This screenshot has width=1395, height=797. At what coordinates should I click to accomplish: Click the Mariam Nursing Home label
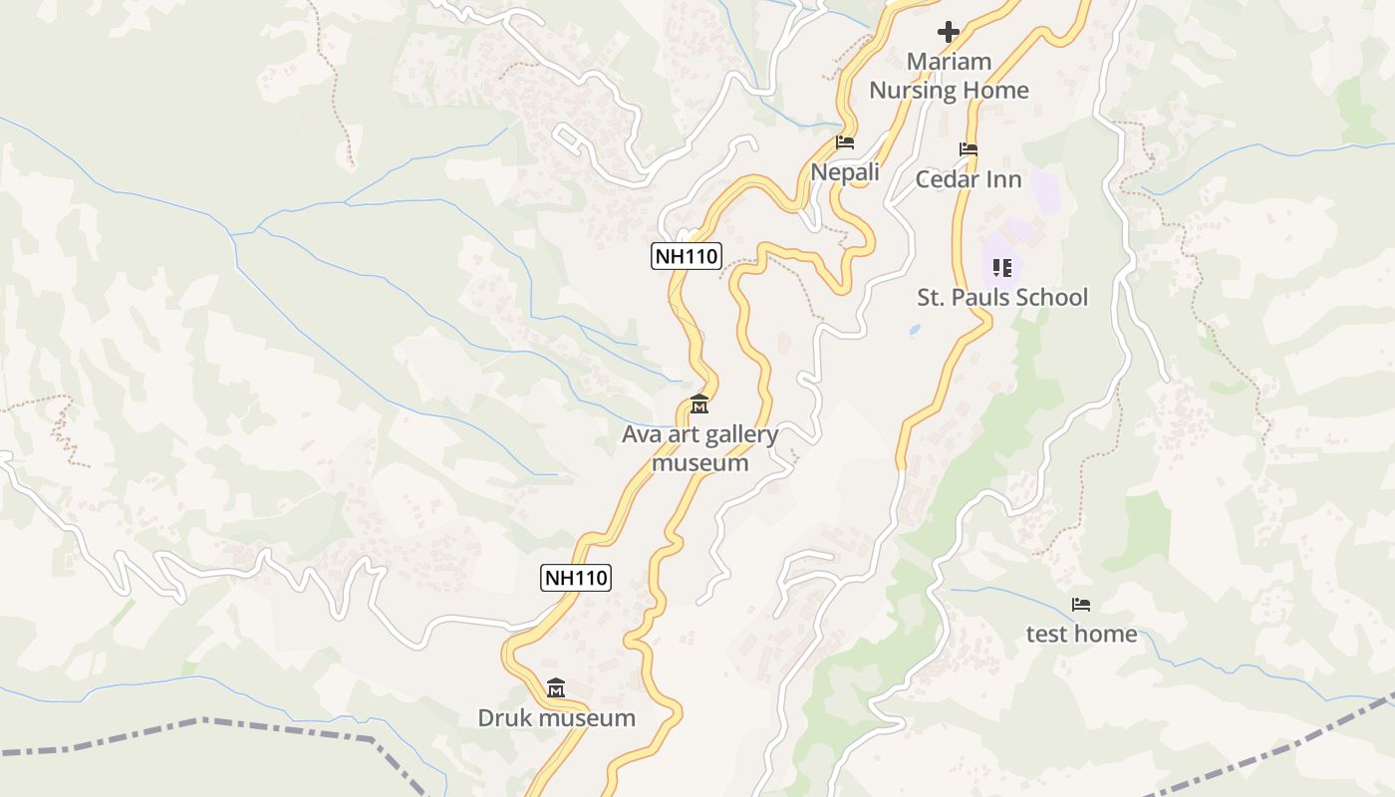[x=949, y=76]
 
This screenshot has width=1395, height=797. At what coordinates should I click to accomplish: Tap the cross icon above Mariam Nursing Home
[x=949, y=33]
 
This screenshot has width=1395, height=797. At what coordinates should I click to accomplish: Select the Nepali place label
[x=845, y=172]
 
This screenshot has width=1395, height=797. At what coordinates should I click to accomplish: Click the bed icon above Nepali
[x=845, y=142]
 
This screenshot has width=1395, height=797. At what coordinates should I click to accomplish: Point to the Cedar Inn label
[x=969, y=179]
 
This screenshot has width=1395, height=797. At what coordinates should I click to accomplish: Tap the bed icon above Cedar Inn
[x=969, y=149]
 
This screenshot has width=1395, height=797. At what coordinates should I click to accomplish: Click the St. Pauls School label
[x=1002, y=297]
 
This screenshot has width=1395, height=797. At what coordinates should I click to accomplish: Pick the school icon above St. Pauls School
[x=1002, y=267]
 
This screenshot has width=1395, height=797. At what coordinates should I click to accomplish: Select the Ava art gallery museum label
[x=699, y=448]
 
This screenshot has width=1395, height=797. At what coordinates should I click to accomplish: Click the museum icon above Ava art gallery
[x=699, y=405]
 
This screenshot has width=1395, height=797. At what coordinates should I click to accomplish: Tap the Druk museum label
[x=556, y=718]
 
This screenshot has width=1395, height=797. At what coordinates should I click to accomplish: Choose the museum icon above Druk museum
[x=556, y=688]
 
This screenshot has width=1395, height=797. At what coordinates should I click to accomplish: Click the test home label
[x=1081, y=634]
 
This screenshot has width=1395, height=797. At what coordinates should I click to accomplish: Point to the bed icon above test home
[x=1081, y=605]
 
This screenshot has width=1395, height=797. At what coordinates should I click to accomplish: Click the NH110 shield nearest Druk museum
[x=576, y=577]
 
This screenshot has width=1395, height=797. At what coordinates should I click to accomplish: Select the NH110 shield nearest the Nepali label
[x=686, y=256]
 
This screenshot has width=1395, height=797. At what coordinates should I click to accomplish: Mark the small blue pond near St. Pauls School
[x=915, y=329]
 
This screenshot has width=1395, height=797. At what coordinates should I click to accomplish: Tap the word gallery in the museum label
[x=741, y=434]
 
